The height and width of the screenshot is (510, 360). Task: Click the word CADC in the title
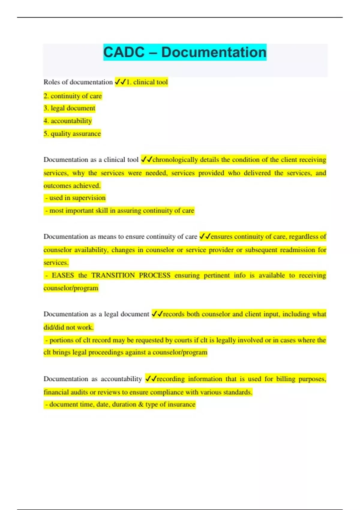(124, 52)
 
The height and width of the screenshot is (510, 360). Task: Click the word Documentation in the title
(214, 52)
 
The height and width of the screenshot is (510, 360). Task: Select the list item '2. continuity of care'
(73, 96)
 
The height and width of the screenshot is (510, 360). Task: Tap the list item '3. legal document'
(69, 108)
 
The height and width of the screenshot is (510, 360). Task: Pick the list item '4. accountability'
(67, 121)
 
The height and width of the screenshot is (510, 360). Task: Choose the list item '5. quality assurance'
(72, 133)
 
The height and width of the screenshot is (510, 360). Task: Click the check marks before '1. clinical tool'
(121, 82)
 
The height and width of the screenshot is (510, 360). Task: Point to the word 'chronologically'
(175, 160)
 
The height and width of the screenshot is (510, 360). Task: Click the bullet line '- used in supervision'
(75, 198)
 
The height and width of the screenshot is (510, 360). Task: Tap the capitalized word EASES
(63, 275)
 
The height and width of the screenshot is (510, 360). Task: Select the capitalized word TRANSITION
(113, 275)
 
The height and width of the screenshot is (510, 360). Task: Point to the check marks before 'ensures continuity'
(205, 237)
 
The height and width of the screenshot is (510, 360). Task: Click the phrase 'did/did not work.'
(68, 327)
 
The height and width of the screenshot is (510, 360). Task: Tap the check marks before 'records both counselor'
(157, 314)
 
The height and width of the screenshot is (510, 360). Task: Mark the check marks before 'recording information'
(151, 379)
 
